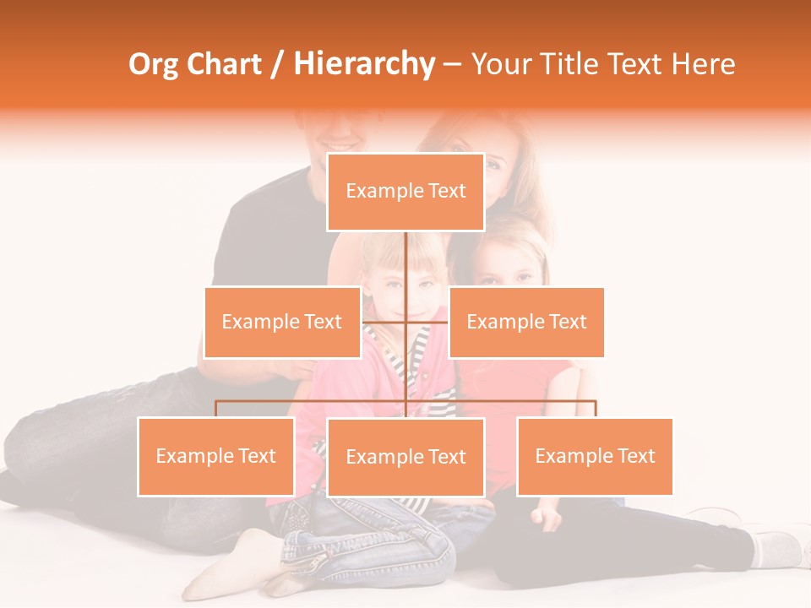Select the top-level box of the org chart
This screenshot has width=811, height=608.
click(x=405, y=192)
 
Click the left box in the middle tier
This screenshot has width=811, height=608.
click(x=282, y=322)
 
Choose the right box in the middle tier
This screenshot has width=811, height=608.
click(x=526, y=322)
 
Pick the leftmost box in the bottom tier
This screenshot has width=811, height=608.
click(x=216, y=456)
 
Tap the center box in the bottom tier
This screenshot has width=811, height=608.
click(x=405, y=457)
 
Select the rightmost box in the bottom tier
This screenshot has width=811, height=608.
click(x=595, y=456)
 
